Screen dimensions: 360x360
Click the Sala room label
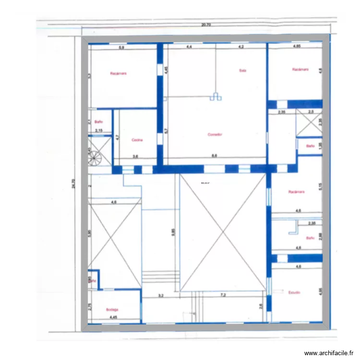242,70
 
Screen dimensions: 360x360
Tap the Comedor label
215,134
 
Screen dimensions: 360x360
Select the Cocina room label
138,140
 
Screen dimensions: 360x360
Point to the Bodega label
112,310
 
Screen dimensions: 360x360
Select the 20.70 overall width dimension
206,25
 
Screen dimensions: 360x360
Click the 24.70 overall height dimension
73,182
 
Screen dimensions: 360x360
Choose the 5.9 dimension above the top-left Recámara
121,47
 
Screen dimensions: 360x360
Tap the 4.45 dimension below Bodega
113,317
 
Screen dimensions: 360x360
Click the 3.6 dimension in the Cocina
135,156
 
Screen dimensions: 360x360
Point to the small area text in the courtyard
205,183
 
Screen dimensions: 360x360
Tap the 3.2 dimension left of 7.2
161,296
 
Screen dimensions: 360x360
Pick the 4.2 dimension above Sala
241,47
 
